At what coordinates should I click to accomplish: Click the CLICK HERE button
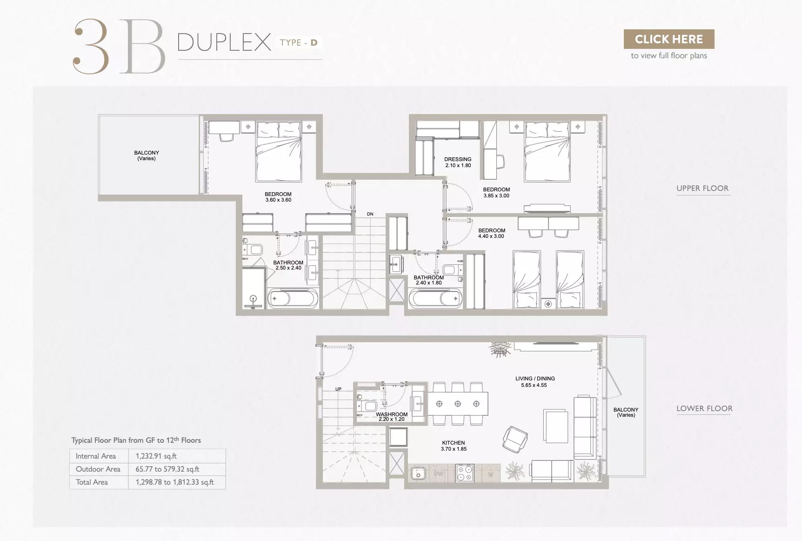[668, 39]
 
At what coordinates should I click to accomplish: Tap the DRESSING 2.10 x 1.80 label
[458, 162]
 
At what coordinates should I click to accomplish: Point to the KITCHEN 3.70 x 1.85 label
[454, 446]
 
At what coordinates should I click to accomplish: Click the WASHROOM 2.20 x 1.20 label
[392, 416]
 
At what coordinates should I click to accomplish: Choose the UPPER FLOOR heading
[702, 188]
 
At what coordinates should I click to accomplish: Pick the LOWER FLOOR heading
[704, 408]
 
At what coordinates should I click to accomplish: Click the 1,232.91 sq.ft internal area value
[156, 456]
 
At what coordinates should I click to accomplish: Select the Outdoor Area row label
[98, 469]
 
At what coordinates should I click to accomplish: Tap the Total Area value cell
[175, 482]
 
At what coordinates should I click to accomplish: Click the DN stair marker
[370, 214]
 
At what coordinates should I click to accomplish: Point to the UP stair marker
[338, 389]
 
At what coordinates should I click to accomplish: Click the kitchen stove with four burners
[464, 473]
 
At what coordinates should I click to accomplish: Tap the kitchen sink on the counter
[418, 473]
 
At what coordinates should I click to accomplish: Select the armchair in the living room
[515, 439]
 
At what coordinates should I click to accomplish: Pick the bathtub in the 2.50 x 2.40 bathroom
[293, 298]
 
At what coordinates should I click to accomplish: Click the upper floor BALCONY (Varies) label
[147, 156]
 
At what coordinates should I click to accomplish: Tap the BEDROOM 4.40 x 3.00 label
[491, 233]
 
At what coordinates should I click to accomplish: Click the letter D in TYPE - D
[314, 42]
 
